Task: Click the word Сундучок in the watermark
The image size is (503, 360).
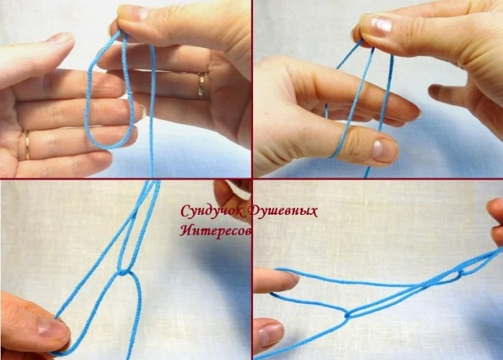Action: click(x=213, y=212)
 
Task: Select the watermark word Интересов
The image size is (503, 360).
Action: click(x=216, y=231)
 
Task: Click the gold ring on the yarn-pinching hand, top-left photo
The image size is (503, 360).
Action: click(x=203, y=85)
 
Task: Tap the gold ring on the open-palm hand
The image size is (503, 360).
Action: click(x=27, y=145)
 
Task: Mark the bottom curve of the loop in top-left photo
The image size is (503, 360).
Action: click(x=109, y=147)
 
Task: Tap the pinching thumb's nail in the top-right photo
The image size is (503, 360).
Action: click(x=381, y=25)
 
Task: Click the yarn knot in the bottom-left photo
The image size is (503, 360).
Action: click(x=123, y=273)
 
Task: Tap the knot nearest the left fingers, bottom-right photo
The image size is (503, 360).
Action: click(x=347, y=315)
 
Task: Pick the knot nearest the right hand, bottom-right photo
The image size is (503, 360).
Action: click(x=461, y=274)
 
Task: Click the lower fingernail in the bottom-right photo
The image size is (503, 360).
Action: click(x=270, y=335)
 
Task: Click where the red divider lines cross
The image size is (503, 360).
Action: click(x=251, y=178)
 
